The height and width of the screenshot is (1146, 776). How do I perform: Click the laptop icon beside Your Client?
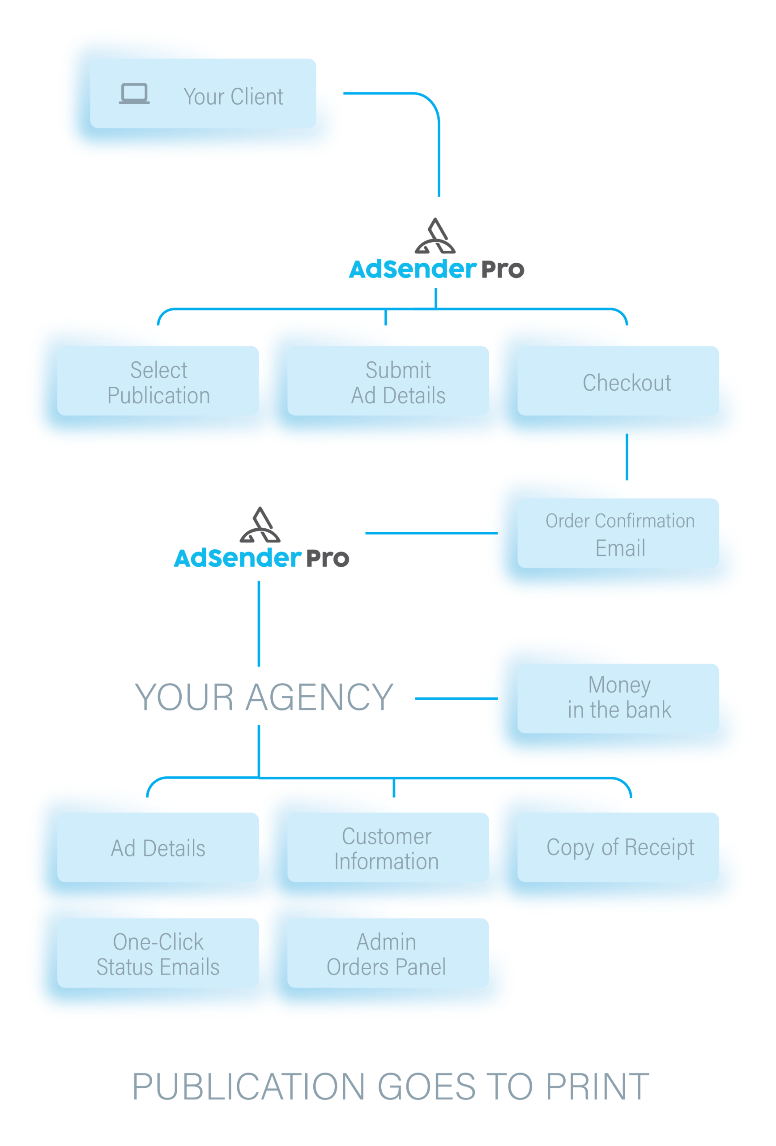pyautogui.click(x=134, y=94)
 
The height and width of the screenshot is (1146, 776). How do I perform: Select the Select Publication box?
pyautogui.click(x=158, y=381)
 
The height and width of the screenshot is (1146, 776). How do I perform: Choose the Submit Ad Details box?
pyautogui.click(x=388, y=381)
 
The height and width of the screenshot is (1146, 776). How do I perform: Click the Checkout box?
pyautogui.click(x=618, y=381)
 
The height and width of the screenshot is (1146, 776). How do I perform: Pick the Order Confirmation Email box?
pyautogui.click(x=618, y=534)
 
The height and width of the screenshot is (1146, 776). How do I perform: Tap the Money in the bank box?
pyautogui.click(x=618, y=698)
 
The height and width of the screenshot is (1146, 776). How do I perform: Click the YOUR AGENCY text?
pyautogui.click(x=264, y=697)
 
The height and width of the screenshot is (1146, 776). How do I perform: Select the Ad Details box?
pyautogui.click(x=158, y=848)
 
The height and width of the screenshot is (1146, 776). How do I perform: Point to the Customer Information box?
pyautogui.click(x=388, y=848)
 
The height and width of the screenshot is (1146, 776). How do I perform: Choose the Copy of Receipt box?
pyautogui.click(x=618, y=848)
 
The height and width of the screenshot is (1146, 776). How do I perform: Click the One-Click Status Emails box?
pyautogui.click(x=158, y=953)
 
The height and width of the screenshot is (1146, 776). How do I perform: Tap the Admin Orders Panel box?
pyautogui.click(x=388, y=953)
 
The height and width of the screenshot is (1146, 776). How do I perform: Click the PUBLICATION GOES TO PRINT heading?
pyautogui.click(x=391, y=1087)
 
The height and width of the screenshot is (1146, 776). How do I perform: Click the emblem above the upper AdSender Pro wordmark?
pyautogui.click(x=435, y=237)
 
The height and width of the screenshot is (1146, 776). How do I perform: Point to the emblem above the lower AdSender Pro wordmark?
pyautogui.click(x=260, y=525)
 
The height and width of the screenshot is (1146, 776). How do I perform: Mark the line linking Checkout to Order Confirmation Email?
pyautogui.click(x=627, y=457)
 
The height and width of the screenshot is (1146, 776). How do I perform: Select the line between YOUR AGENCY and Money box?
pyautogui.click(x=456, y=698)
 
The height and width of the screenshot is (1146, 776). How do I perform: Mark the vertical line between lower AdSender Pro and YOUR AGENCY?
pyautogui.click(x=259, y=623)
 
